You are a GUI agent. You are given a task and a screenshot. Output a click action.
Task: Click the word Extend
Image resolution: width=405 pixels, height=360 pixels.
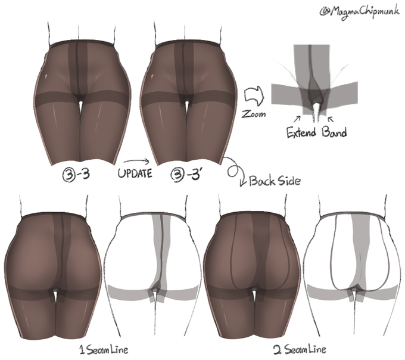301,132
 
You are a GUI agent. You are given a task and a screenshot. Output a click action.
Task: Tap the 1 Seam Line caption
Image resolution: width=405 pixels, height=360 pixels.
104,349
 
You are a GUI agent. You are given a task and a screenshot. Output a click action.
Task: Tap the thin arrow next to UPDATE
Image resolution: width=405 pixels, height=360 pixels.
137,162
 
